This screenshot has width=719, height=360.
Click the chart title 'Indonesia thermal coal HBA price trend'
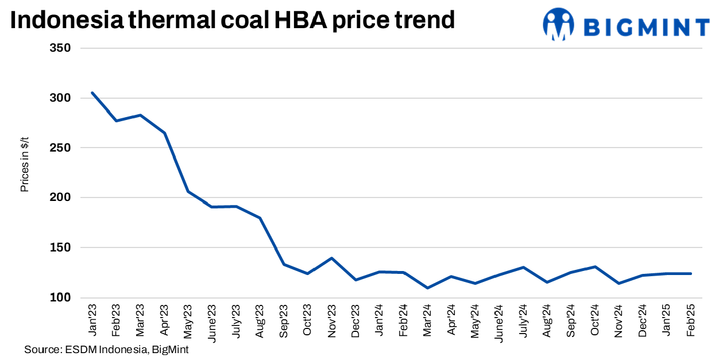(232, 21)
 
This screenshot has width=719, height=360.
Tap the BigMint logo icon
(558, 25)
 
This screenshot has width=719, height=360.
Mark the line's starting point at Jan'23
(92, 92)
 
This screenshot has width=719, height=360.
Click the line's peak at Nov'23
(331, 258)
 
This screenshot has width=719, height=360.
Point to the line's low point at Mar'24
(427, 288)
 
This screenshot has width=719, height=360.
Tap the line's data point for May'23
(188, 192)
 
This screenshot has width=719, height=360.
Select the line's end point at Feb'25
(691, 273)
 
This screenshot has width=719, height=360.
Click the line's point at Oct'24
(595, 267)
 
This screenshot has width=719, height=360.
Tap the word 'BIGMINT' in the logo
(647, 27)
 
